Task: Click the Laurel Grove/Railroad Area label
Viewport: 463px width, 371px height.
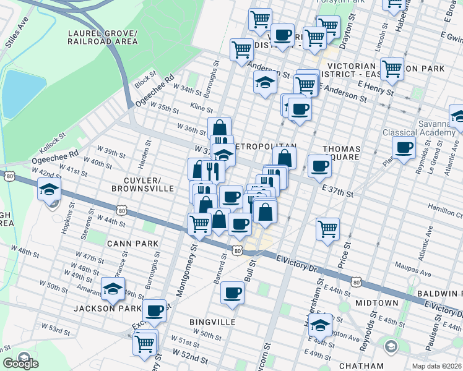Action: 103,36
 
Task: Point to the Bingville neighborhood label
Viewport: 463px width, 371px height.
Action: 213,322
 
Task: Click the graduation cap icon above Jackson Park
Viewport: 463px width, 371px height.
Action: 113,288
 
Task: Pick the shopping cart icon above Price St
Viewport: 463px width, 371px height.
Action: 327,228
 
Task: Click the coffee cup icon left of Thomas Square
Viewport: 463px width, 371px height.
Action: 319,165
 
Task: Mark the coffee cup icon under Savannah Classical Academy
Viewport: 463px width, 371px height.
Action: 404,148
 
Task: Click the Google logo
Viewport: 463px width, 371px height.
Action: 21,364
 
